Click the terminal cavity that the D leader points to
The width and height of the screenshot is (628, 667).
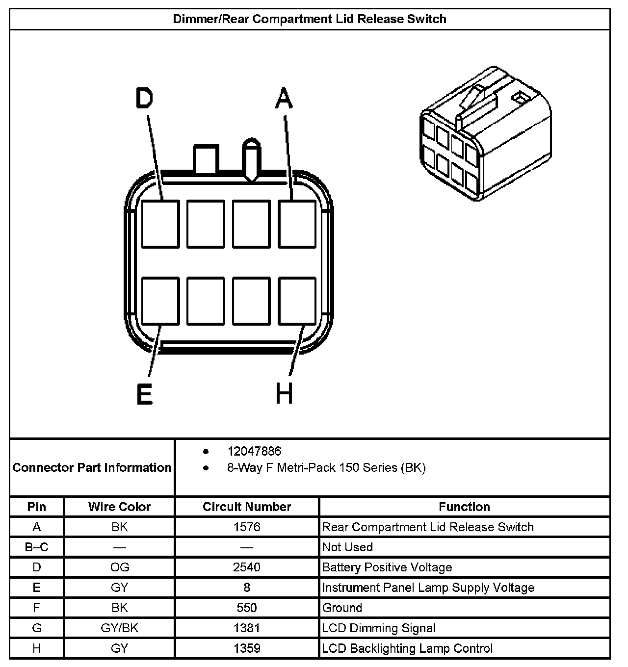click(x=160, y=224)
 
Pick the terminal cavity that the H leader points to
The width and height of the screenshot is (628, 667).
click(x=297, y=301)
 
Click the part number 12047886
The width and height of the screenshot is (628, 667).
click(x=254, y=451)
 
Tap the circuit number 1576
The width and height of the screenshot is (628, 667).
click(x=247, y=527)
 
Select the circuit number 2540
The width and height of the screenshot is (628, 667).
click(x=247, y=567)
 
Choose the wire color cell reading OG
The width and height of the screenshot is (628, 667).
click(x=120, y=567)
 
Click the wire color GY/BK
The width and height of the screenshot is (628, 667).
click(x=120, y=628)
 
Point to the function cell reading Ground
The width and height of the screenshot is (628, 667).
click(x=342, y=608)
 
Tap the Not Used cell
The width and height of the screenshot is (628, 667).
click(x=347, y=547)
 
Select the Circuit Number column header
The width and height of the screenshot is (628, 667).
click(x=247, y=507)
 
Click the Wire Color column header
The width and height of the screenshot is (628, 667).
click(x=120, y=507)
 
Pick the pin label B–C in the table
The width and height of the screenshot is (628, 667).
click(x=37, y=547)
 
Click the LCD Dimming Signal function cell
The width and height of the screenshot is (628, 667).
click(x=379, y=628)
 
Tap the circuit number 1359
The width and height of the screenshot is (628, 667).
click(x=247, y=648)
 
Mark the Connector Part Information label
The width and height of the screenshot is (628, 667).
click(x=92, y=467)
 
